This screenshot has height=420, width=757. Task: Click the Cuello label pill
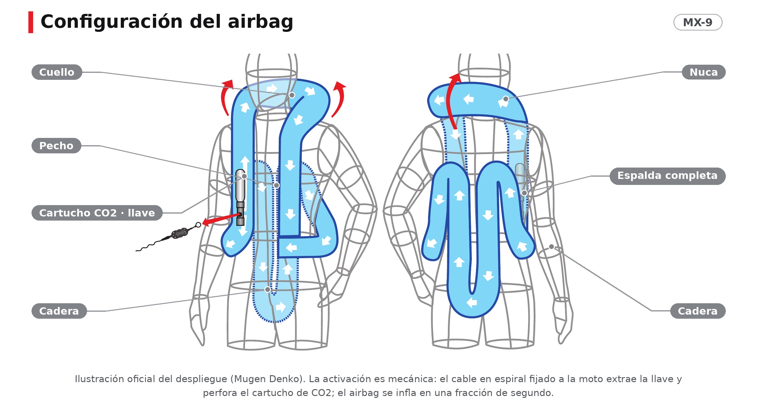click(57, 72)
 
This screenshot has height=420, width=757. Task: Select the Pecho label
click(56, 146)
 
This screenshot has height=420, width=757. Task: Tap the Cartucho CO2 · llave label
click(97, 213)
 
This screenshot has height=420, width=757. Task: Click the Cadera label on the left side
click(59, 311)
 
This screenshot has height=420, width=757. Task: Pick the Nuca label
click(704, 72)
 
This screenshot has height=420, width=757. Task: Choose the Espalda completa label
click(667, 176)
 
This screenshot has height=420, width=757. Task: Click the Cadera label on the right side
click(698, 311)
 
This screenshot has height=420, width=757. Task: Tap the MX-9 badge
click(698, 22)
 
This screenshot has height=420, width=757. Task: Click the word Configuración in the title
click(112, 22)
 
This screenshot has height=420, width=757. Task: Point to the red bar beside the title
click(31, 22)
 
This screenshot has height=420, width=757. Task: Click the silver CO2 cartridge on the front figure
click(240, 186)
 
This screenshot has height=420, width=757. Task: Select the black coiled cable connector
click(179, 234)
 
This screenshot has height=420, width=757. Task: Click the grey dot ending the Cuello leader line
click(292, 95)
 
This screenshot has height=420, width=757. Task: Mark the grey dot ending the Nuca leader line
click(506, 99)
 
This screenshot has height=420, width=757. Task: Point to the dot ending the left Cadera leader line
click(267, 289)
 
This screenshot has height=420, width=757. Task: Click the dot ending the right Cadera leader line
click(551, 247)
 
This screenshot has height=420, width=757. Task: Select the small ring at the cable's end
click(198, 225)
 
